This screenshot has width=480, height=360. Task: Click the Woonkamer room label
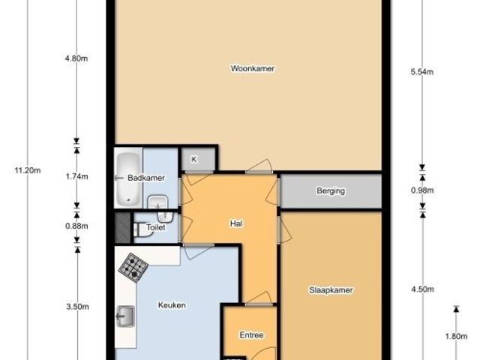(253, 68)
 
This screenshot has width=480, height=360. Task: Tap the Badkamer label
(146, 178)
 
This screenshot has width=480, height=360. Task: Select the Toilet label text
(156, 227)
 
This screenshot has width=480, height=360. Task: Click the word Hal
(236, 223)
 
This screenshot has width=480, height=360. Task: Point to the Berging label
(331, 191)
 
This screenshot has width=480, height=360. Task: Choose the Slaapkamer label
(331, 290)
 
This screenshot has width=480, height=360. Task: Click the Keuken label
(172, 305)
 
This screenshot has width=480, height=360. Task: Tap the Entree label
(252, 335)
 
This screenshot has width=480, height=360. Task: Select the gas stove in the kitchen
(133, 268)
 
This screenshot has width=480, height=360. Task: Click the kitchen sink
(125, 316)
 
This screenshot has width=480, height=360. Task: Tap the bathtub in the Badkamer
(128, 179)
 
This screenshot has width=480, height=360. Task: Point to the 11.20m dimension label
(28, 170)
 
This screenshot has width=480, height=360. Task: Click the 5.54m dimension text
(422, 72)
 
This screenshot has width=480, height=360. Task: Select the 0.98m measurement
(422, 190)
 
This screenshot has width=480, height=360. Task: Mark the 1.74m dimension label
(76, 177)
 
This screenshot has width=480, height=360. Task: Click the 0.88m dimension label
(76, 226)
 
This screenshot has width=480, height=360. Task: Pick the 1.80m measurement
(456, 337)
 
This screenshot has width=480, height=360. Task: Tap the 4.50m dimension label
(422, 289)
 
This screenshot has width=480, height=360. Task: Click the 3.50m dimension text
(77, 307)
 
